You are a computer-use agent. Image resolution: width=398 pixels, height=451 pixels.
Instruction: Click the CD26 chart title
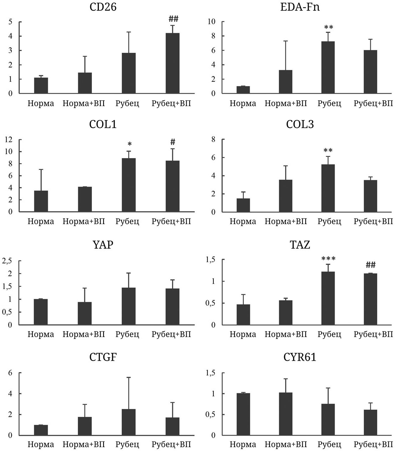coord(103,7)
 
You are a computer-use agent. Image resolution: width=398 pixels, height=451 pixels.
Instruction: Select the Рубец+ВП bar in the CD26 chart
coord(172,63)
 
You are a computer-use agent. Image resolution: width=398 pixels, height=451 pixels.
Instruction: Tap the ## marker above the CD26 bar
coord(173,19)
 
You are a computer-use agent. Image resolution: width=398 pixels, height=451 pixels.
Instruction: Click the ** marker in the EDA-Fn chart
coord(329,27)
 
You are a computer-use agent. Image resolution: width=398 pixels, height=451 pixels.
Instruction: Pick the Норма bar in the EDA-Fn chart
coord(243,90)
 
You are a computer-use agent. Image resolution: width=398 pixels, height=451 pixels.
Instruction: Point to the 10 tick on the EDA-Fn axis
coord(211,22)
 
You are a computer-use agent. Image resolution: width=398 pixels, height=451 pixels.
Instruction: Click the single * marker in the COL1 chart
coord(130,144)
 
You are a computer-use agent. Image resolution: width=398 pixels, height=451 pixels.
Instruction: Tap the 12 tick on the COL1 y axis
coord(9,140)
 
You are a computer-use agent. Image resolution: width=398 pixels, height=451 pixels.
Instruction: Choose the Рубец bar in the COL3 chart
coord(328,188)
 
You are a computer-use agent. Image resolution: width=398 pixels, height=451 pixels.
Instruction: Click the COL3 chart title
coord(300,125)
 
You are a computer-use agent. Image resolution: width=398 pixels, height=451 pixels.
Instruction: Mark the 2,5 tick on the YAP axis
coord(8,261)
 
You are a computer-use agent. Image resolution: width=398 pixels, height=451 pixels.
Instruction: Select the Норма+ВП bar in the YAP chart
coord(85,313)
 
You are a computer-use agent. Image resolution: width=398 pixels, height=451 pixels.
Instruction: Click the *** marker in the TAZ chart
coord(328,259)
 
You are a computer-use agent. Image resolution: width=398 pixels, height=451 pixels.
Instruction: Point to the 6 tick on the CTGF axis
coord(10,373)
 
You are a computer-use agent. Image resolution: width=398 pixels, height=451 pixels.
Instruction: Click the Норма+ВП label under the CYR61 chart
coord(286,445)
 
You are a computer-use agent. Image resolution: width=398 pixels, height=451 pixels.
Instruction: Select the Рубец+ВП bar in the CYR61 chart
coord(370,422)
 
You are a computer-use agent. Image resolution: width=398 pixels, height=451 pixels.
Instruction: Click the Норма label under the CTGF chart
coord(41,445)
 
